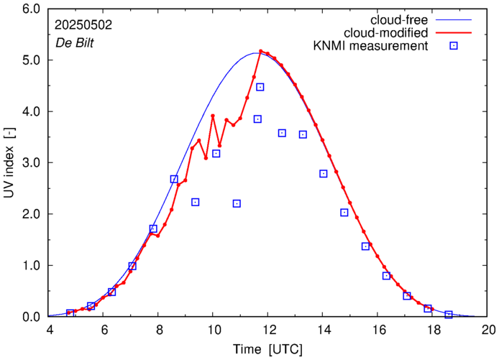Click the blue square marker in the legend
click(x=454, y=46)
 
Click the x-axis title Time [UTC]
click(x=267, y=349)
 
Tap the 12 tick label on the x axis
click(x=268, y=330)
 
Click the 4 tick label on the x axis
click(x=50, y=330)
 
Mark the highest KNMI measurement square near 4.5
click(x=260, y=87)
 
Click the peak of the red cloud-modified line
click(x=260, y=52)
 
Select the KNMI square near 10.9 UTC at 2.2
click(x=237, y=203)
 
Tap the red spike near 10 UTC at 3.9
click(x=213, y=116)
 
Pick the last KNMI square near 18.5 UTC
click(x=449, y=315)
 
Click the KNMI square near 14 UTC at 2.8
click(x=324, y=173)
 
